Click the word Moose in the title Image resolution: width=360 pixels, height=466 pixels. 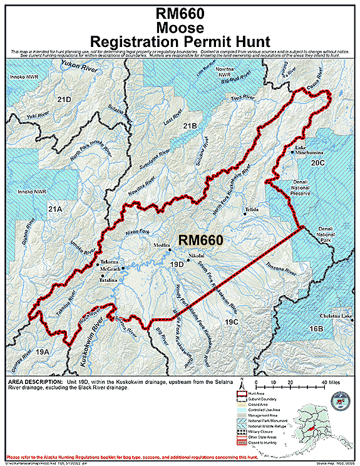click(180, 28)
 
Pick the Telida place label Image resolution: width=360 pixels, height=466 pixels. click(252, 210)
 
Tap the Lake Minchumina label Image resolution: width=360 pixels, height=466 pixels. click(309, 150)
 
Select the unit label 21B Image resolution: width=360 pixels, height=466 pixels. click(190, 127)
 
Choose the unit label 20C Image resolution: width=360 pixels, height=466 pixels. click(317, 163)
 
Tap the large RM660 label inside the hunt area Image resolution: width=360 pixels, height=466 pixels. click(200, 239)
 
